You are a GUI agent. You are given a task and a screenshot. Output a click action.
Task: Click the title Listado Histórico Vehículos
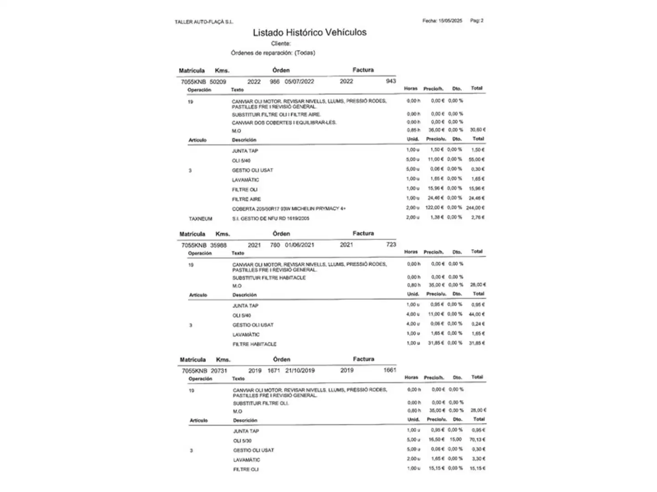(x=310, y=32)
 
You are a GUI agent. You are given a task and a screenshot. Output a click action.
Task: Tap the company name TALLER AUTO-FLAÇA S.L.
(x=203, y=22)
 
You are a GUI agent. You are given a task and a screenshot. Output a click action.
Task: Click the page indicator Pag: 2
(x=477, y=20)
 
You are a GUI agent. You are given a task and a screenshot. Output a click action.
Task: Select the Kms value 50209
(x=218, y=82)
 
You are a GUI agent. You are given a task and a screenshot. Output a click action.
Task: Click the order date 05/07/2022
(x=299, y=82)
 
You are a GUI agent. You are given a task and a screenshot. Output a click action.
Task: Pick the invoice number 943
(x=391, y=81)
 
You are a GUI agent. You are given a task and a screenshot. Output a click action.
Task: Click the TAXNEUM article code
(x=200, y=219)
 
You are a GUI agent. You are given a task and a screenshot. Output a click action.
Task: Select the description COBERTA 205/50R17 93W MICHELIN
(x=288, y=209)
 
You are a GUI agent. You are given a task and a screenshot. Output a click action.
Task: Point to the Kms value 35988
(x=219, y=245)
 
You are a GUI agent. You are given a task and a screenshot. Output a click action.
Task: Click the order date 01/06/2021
(x=299, y=245)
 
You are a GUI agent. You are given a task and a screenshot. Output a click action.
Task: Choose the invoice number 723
(x=391, y=245)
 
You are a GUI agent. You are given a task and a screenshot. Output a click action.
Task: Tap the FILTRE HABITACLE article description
(x=255, y=344)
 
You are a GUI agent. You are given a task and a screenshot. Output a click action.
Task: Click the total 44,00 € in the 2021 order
(x=477, y=314)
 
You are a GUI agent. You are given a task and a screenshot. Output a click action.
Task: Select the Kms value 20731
(x=219, y=371)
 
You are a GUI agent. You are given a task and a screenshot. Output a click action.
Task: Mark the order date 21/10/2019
(x=300, y=370)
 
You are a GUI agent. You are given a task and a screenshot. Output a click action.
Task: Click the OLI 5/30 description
(x=242, y=441)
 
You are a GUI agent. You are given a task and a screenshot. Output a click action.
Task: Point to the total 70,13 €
(x=477, y=440)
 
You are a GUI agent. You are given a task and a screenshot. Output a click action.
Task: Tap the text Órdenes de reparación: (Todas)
(x=273, y=53)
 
